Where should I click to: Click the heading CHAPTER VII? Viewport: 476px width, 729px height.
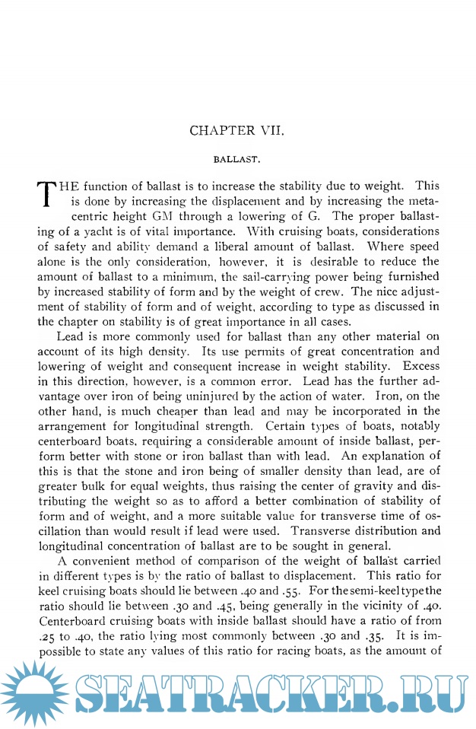[236, 130]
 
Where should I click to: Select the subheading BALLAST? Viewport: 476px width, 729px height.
[236, 161]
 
